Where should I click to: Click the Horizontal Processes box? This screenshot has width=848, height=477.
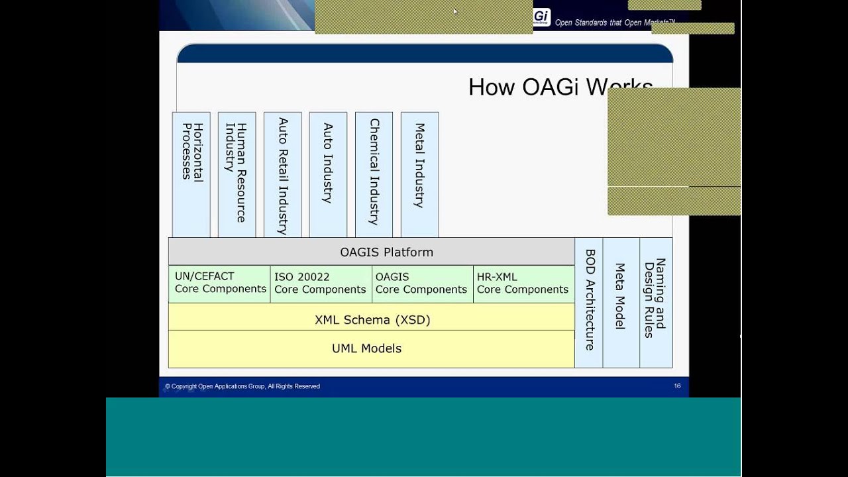[x=191, y=174]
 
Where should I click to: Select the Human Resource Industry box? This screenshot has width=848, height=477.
[x=237, y=174]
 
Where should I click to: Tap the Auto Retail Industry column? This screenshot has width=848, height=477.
[x=282, y=174]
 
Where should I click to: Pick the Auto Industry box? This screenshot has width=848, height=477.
[x=328, y=174]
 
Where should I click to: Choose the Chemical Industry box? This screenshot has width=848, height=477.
[x=374, y=174]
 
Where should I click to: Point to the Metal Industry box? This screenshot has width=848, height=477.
[x=419, y=174]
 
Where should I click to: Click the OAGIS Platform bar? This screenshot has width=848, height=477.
[x=372, y=252]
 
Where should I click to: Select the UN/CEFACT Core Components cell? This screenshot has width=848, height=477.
[x=219, y=284]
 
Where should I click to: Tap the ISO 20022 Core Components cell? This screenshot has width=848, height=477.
[x=321, y=284]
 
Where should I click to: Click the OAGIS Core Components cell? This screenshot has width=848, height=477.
[x=422, y=284]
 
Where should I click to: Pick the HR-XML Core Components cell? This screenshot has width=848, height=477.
[x=523, y=284]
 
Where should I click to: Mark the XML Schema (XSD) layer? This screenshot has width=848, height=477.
[x=372, y=319]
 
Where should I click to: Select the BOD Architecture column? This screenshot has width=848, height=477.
[x=589, y=302]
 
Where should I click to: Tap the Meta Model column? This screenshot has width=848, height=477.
[x=621, y=302]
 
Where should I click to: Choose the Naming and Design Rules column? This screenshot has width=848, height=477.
[x=655, y=302]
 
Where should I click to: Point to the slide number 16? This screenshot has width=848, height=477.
[x=677, y=386]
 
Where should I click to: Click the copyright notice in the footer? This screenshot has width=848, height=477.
[x=242, y=386]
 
